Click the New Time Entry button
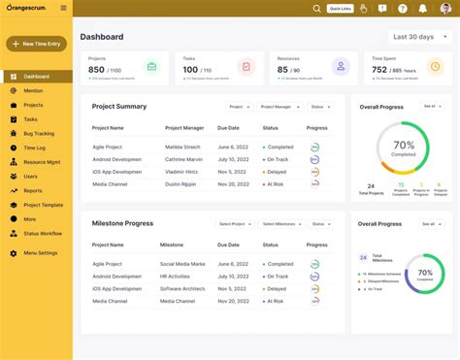tap(36, 44)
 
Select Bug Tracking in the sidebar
tap(39, 133)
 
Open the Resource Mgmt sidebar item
tap(43, 162)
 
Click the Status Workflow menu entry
tap(44, 233)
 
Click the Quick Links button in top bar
tap(340, 9)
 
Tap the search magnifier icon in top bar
tap(316, 9)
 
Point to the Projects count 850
tap(97, 70)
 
